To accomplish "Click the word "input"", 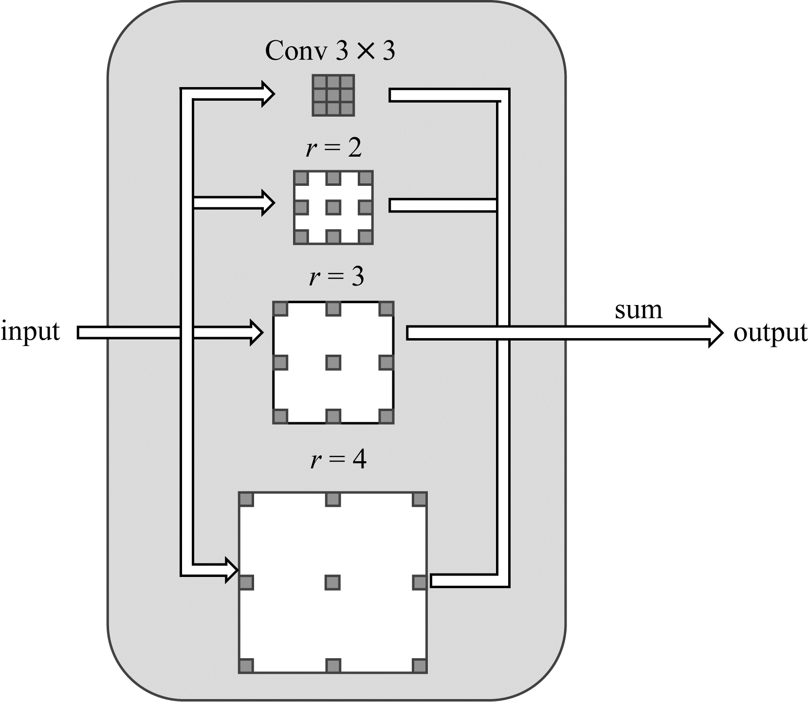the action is coord(30,332).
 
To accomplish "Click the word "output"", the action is coord(771,334).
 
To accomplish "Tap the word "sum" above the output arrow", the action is coord(639,310).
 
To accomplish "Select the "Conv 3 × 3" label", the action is coord(330,51).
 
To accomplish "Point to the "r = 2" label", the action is coord(334,148).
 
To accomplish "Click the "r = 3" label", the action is coord(336,277).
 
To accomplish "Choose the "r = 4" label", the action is coord(338,459).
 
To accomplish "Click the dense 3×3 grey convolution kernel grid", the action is coord(333,95).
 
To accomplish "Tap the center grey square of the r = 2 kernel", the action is coord(333,208).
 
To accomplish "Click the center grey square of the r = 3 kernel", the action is coord(333,362).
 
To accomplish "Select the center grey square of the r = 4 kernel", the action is coord(333,582).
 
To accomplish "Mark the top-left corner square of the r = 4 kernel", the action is coord(246,500).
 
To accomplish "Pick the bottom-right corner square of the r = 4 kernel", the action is coord(420,666).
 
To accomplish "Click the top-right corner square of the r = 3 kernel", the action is coord(386,308).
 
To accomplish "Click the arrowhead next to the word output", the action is coord(716,333).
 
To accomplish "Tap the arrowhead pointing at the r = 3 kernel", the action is coord(257,333).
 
